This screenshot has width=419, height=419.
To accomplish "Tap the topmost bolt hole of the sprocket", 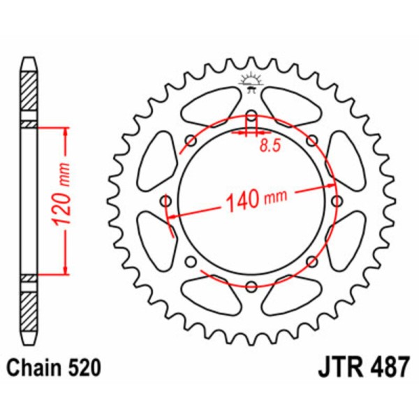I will [251, 117].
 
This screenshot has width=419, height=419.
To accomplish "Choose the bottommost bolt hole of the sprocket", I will [251, 285].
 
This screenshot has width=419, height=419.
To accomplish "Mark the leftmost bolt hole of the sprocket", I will [166, 201].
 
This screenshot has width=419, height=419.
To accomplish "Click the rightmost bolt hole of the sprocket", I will [336, 201].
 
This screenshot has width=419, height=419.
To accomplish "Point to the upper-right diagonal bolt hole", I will [311, 141].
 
